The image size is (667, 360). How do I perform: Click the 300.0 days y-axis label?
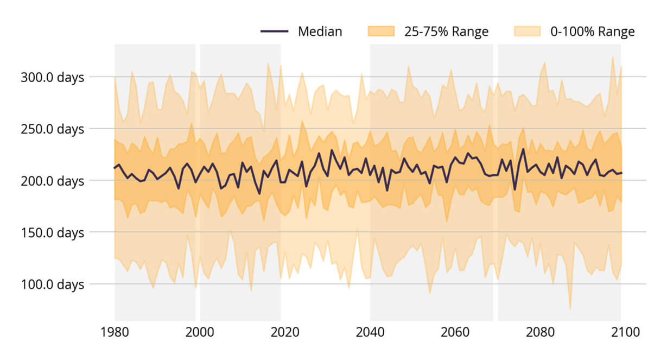pos(52,77)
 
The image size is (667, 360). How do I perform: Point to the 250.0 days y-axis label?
pos(52,129)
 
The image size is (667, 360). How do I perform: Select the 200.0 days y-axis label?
pos(52,181)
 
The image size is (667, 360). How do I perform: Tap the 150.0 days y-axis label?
pos(52,232)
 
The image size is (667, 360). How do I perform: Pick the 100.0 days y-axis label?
pos(52,284)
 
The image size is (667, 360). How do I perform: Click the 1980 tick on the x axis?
pos(115,332)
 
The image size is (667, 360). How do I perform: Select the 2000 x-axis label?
pos(200,332)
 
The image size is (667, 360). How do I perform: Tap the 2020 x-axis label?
pos(285,332)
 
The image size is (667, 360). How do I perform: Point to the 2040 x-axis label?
pos(370,332)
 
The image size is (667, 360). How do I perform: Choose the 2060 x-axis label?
pos(455,332)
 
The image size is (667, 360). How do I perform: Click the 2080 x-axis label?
pos(541,332)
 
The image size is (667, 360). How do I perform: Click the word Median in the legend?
pos(320,31)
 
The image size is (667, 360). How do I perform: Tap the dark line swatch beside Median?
pos(274,31)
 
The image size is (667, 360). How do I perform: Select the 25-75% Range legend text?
pos(446,31)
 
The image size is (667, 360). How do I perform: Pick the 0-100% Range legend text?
pos(592,31)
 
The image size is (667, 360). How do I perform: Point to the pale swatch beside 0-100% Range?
pos(527,31)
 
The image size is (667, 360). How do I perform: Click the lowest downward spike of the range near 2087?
pos(570,308)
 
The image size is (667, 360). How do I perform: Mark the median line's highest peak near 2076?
pos(523,149)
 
